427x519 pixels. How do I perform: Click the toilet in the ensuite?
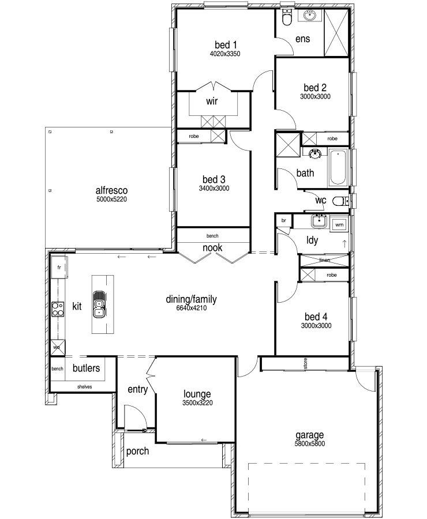[286, 17]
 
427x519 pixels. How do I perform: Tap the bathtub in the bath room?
[338, 167]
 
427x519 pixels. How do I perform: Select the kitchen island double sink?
[99, 304]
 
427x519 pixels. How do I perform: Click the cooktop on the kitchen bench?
[58, 309]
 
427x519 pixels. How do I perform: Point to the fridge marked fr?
[59, 267]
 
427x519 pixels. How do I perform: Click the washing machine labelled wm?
[339, 225]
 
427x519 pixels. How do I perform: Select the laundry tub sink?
[319, 221]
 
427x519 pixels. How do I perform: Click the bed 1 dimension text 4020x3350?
[225, 54]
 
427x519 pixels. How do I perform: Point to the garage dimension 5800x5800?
[310, 443]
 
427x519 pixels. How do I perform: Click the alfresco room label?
[111, 190]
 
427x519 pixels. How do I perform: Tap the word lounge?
[197, 394]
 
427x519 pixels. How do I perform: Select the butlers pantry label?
[86, 368]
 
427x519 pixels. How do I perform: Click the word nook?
[212, 247]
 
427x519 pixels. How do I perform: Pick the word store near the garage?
[305, 363]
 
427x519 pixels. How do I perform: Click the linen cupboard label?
[325, 260]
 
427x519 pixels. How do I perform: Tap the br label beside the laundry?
[283, 220]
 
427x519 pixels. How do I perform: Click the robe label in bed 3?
[194, 136]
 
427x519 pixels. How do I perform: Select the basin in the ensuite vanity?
[310, 16]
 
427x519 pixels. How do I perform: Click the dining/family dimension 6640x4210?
[192, 308]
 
